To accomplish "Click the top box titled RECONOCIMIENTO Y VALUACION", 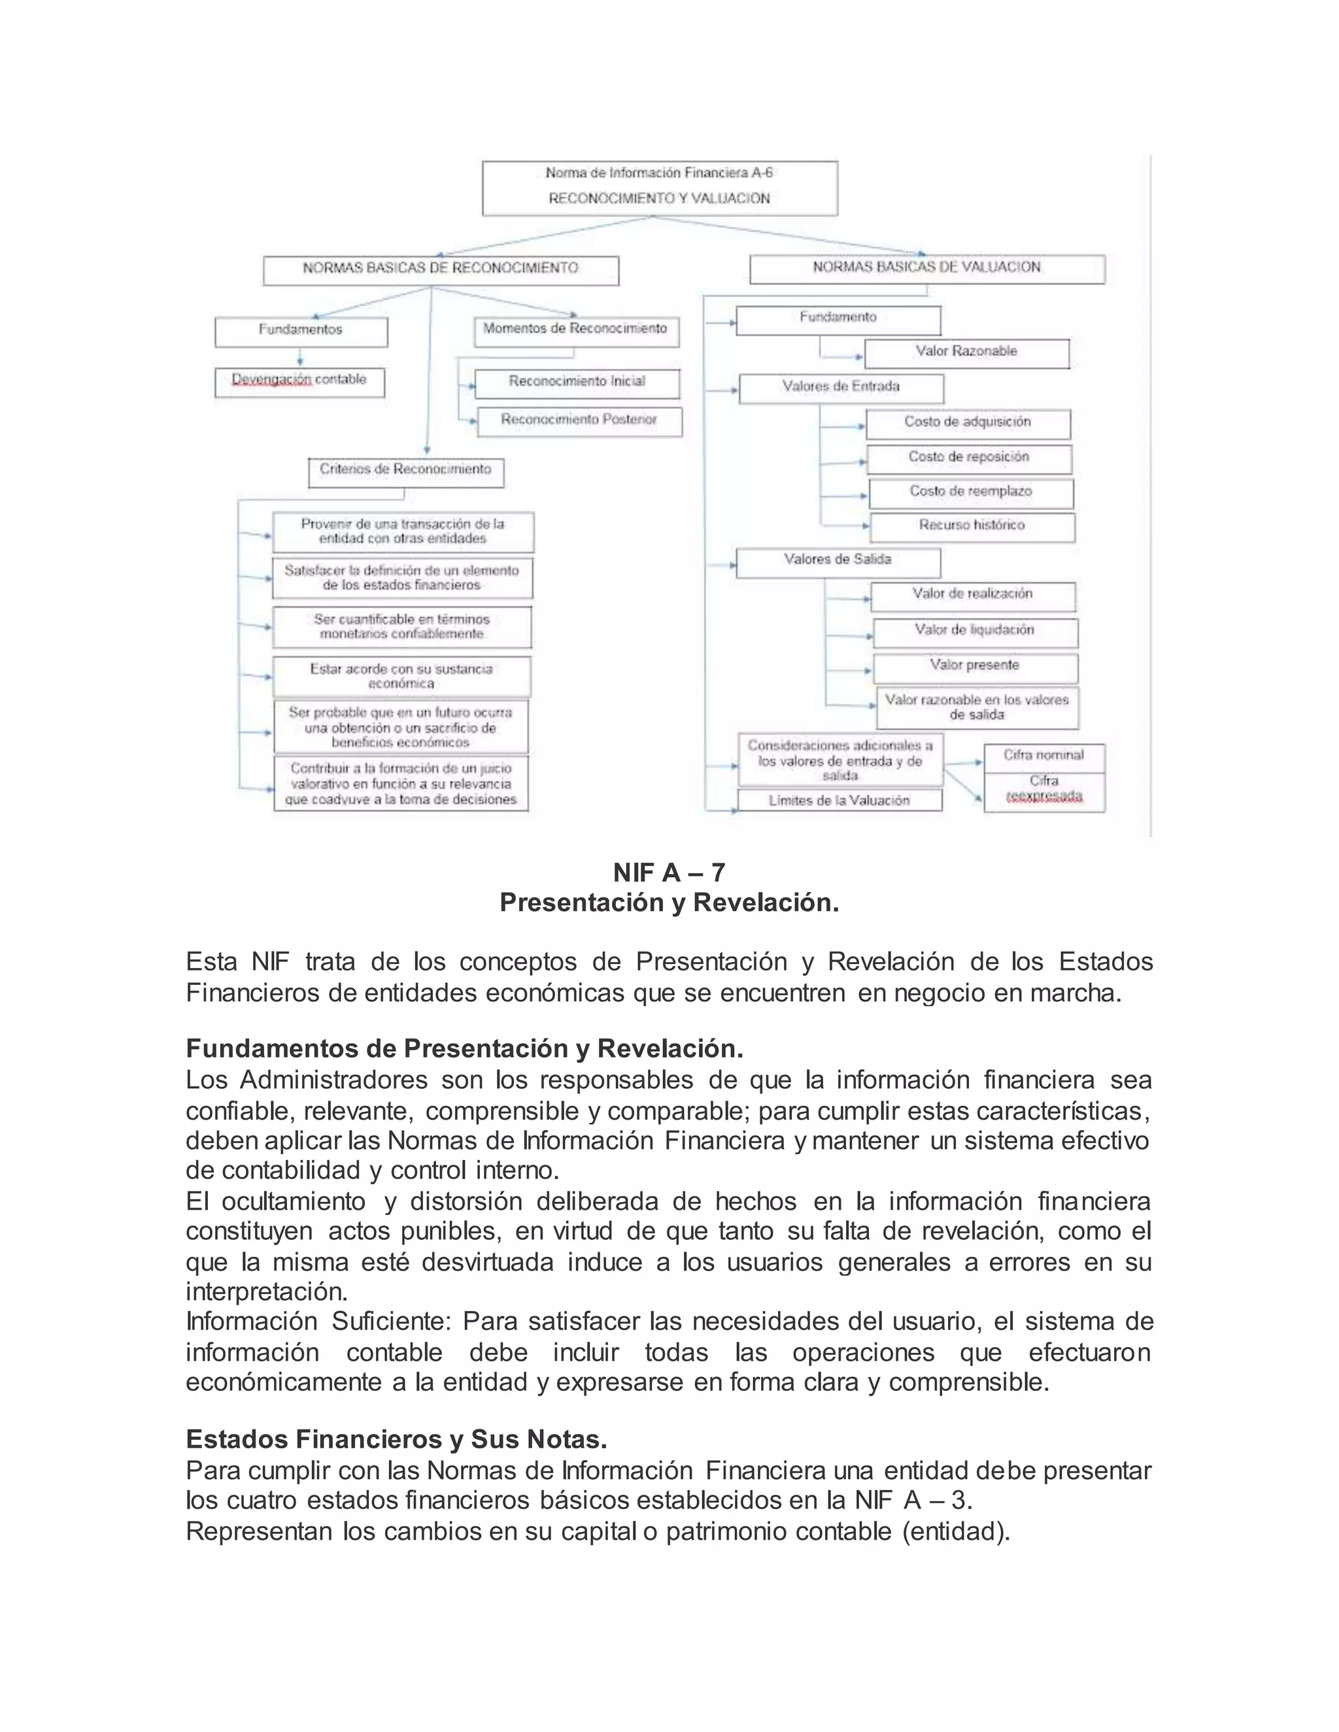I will point(659,188).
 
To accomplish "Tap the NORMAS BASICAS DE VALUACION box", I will point(926,269).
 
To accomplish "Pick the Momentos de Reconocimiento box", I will point(576,331).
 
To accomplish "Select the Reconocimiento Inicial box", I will point(577,383).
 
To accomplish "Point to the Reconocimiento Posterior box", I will point(579,421).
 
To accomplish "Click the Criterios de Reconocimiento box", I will point(405,472).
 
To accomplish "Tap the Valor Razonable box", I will point(966,353).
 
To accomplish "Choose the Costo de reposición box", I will point(968,458).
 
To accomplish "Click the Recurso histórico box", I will point(972,527).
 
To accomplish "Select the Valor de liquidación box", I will point(975,631).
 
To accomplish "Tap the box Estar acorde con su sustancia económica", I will point(401,676).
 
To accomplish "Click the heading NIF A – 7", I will point(669,873).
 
